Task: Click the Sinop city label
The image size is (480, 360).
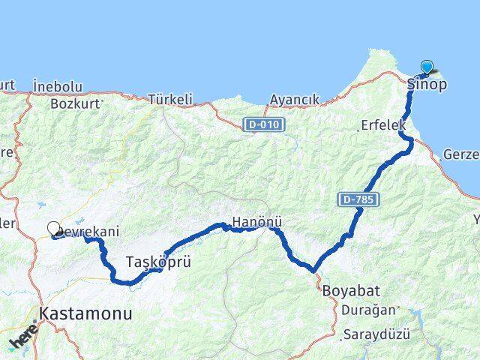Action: coord(427,84)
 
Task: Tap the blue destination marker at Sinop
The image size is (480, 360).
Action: coord(427,67)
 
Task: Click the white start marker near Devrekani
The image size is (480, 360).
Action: coord(53,229)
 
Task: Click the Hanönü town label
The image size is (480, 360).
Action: coord(256,222)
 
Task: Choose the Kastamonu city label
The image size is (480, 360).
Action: coord(87,313)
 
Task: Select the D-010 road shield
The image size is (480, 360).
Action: coord(264,124)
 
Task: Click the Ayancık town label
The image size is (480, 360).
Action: coord(295,99)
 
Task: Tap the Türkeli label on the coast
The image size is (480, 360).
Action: coord(170,98)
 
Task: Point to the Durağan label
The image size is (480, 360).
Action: coord(364,309)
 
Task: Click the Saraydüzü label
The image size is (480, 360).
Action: coord(376,333)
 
